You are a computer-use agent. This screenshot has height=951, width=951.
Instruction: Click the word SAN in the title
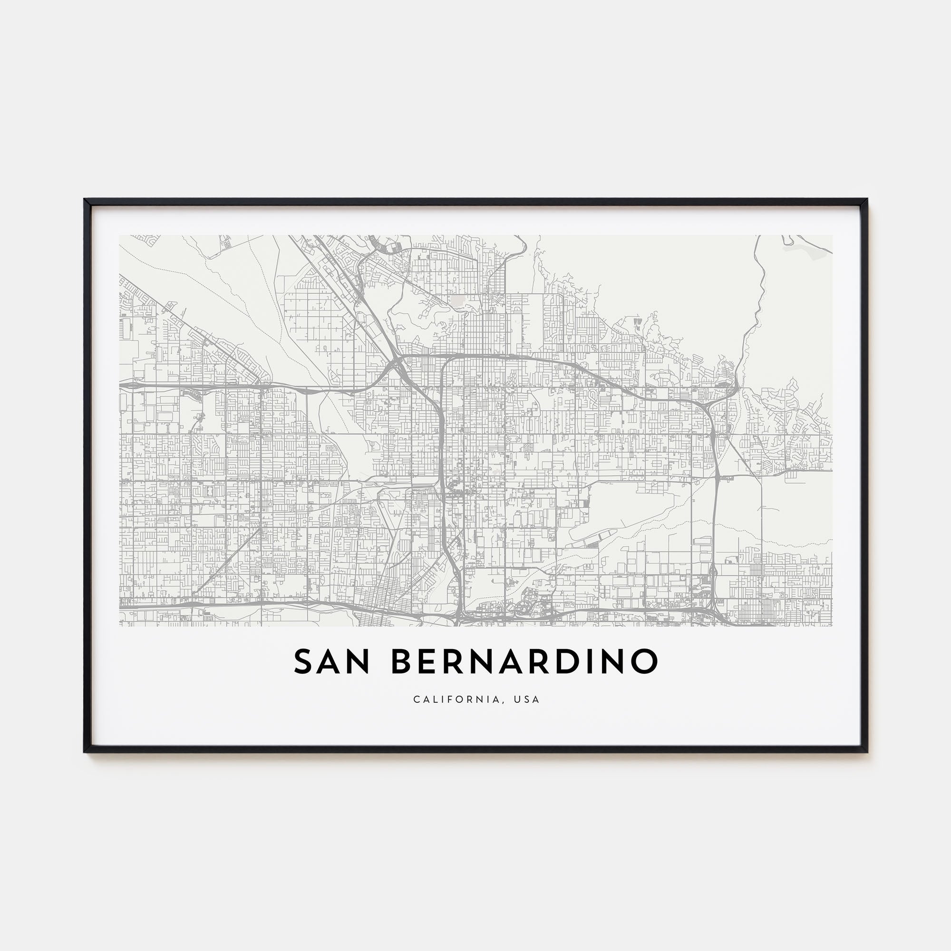point(331,662)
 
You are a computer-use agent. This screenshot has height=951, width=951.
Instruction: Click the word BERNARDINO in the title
point(525,662)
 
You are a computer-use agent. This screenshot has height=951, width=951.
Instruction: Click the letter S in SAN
point(304,662)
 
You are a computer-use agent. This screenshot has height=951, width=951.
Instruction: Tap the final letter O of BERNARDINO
point(645,662)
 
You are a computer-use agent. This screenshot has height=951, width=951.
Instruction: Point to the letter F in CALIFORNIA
point(442,699)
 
